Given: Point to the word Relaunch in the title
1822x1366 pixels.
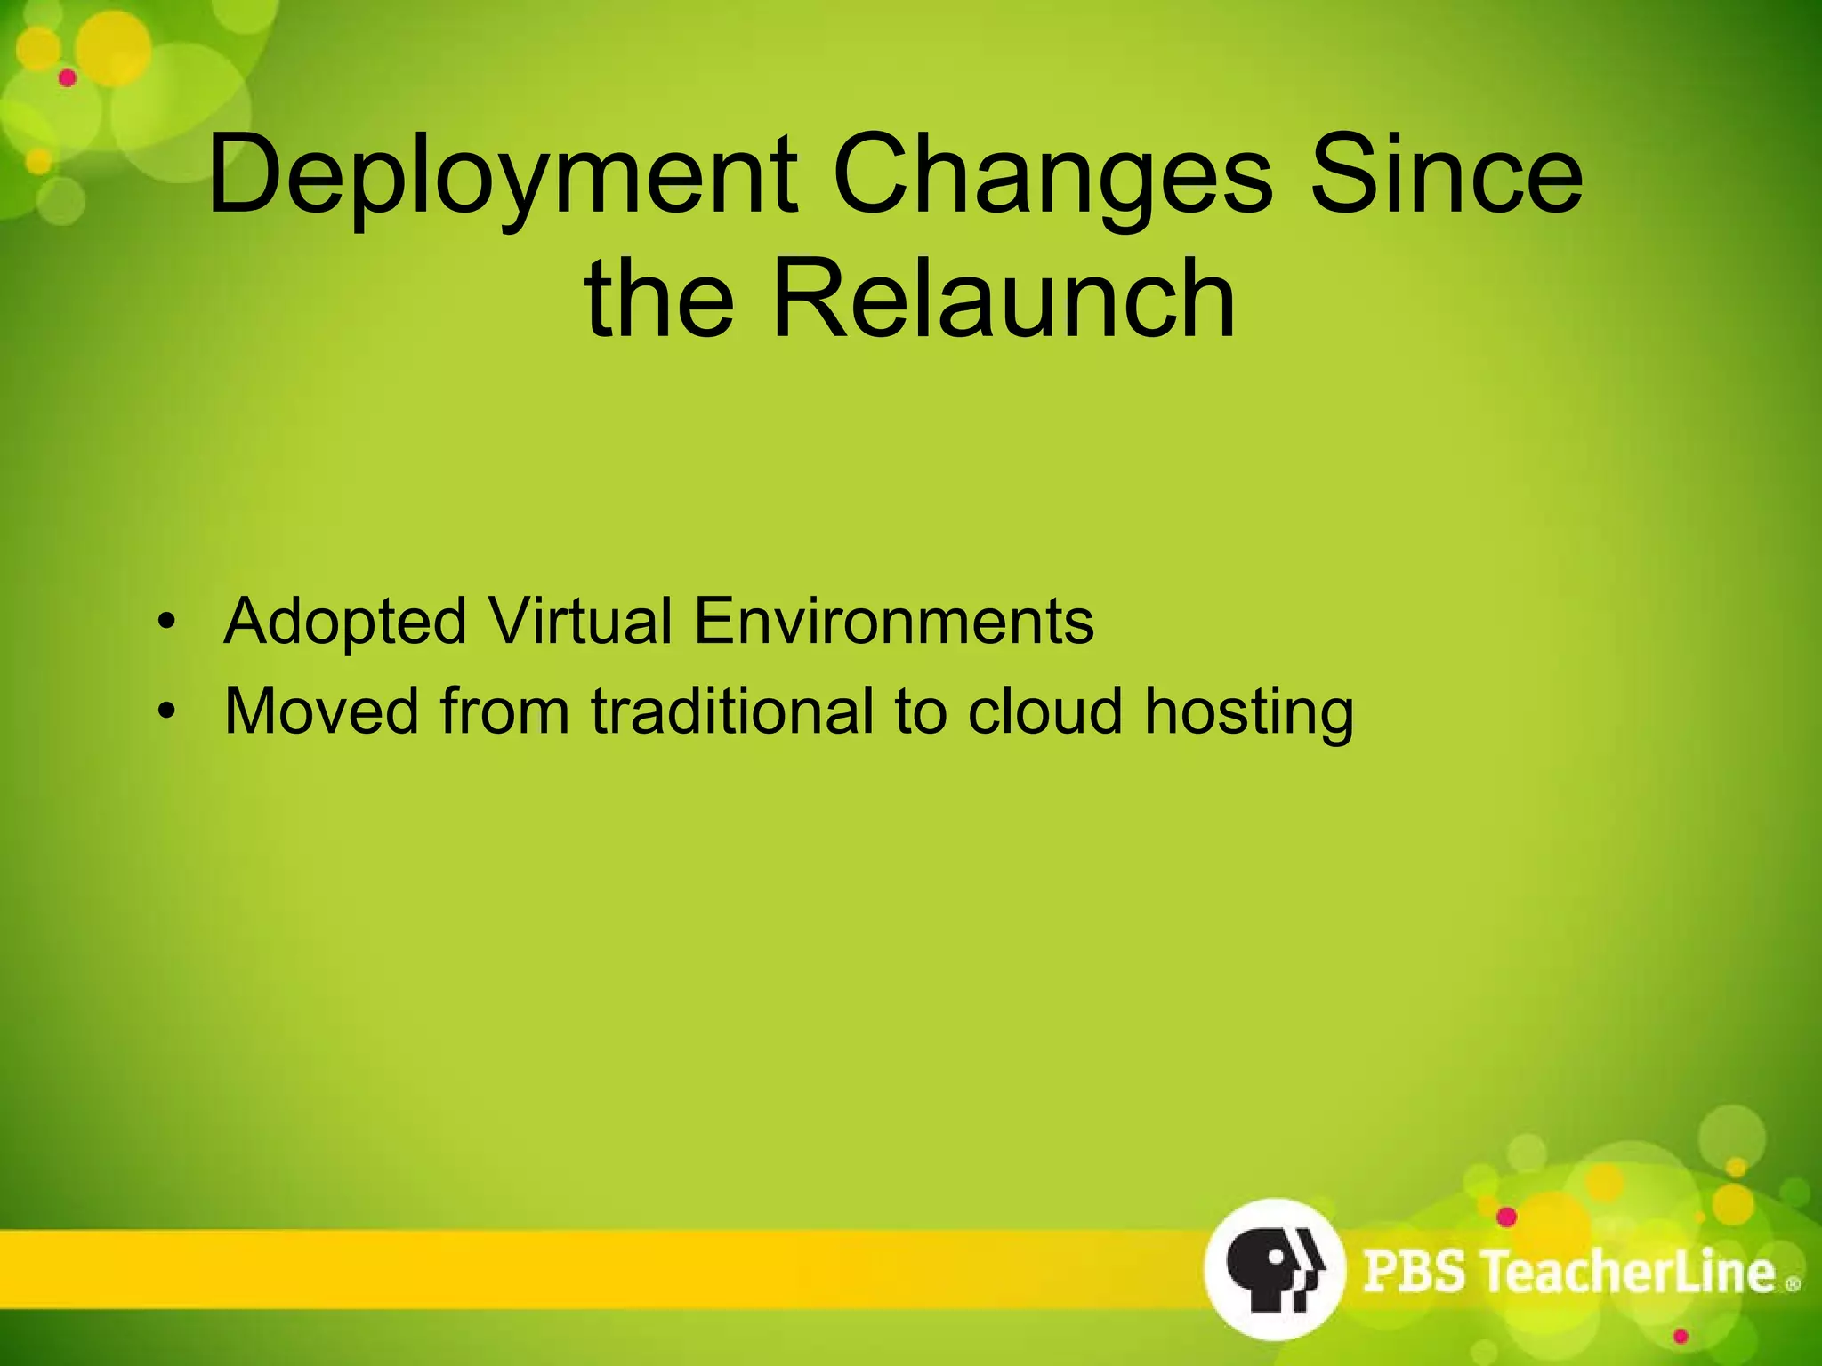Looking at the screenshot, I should click(1004, 298).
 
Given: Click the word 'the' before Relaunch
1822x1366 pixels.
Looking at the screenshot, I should click(659, 298).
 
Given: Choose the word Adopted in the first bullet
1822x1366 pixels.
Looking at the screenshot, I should click(345, 622).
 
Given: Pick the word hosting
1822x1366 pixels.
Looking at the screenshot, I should click(1248, 713).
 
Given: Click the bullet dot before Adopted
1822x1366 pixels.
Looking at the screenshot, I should click(164, 622).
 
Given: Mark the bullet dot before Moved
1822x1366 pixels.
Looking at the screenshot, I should click(164, 711).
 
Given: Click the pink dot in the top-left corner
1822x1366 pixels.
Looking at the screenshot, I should click(68, 78).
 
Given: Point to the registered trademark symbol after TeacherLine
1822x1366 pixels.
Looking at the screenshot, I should click(1793, 1284).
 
